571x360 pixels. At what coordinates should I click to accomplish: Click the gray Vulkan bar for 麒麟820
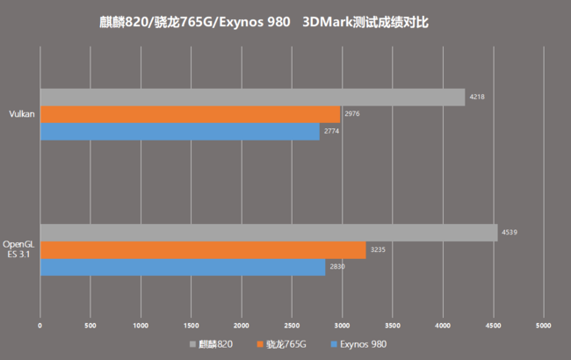(x=252, y=97)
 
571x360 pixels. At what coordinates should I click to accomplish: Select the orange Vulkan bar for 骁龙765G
(x=190, y=114)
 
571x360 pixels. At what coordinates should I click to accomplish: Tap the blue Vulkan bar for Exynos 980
(x=180, y=131)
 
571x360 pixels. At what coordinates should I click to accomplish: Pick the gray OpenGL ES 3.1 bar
(x=268, y=233)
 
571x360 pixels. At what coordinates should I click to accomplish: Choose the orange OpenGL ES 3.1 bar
(x=203, y=250)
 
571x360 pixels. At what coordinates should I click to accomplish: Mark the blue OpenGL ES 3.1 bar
(x=183, y=267)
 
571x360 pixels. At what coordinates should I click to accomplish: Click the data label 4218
(x=477, y=97)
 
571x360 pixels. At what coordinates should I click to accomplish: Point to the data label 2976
(x=352, y=113)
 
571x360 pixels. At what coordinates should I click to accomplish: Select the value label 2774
(x=332, y=131)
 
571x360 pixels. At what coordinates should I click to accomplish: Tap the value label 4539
(x=510, y=233)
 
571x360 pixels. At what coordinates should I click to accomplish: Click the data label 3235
(x=379, y=250)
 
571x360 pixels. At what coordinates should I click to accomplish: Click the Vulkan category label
(x=21, y=114)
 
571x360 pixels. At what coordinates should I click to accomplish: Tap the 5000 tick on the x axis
(x=543, y=325)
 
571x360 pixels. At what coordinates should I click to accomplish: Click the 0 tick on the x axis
(x=40, y=325)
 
